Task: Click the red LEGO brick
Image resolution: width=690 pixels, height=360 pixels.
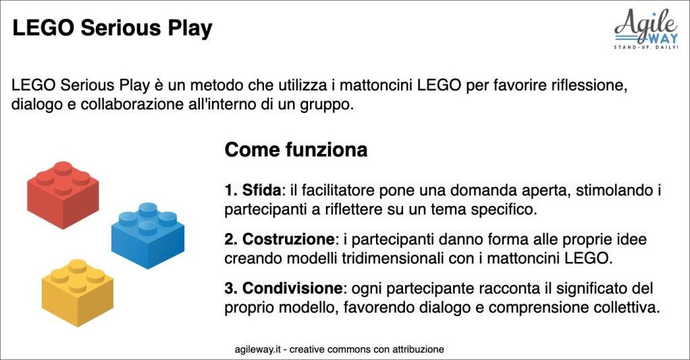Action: point(63,195)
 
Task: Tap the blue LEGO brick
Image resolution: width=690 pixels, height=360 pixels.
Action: point(147,236)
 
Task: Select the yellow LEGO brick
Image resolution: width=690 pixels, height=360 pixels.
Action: point(78,292)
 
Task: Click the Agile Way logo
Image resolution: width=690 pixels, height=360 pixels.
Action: point(646,29)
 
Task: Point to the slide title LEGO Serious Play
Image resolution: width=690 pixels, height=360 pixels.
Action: point(112,28)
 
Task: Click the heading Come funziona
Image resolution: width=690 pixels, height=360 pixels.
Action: point(296,150)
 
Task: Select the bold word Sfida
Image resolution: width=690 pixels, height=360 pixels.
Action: point(261,190)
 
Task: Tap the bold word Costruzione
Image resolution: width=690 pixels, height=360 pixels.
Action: point(288,239)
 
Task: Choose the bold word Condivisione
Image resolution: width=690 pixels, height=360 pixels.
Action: point(292,288)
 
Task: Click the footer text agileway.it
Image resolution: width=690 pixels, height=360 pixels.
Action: point(257,349)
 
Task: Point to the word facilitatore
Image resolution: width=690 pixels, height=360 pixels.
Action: point(338,190)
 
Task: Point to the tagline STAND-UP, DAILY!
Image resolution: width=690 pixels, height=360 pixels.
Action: point(646,47)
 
